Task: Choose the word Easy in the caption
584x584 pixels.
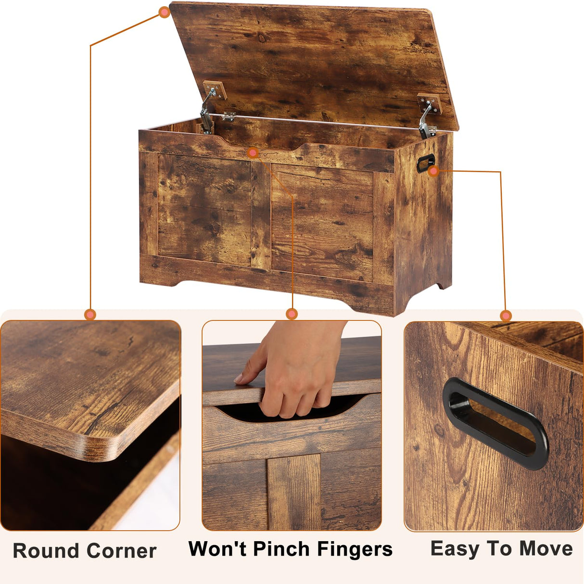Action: click(454, 549)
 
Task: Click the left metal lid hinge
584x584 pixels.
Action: click(208, 110)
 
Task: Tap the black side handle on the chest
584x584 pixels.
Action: click(425, 163)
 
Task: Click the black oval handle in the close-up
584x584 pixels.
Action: click(495, 423)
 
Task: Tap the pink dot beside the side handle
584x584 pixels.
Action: click(433, 171)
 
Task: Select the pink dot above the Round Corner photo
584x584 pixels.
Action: click(90, 315)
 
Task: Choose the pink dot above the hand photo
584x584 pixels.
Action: click(292, 314)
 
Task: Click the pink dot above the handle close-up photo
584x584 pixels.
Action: click(506, 316)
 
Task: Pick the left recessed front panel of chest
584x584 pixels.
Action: click(204, 209)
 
